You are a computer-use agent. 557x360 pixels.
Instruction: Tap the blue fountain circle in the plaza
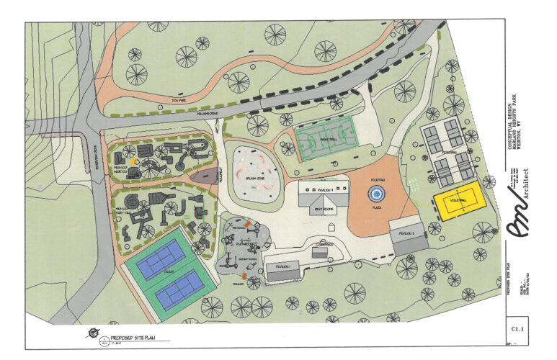click(x=375, y=193)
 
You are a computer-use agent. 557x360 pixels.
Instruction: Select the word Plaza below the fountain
click(x=375, y=207)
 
